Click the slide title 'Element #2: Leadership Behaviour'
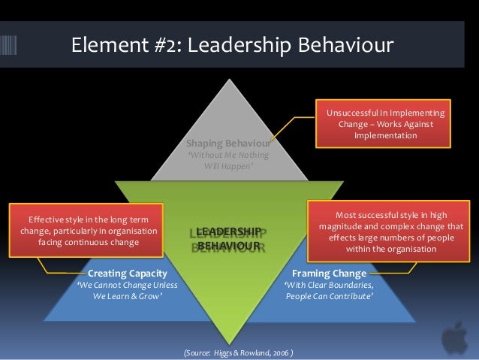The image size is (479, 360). (232, 46)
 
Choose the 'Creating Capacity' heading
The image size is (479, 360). (127, 273)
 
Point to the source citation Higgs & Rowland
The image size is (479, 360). (239, 352)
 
